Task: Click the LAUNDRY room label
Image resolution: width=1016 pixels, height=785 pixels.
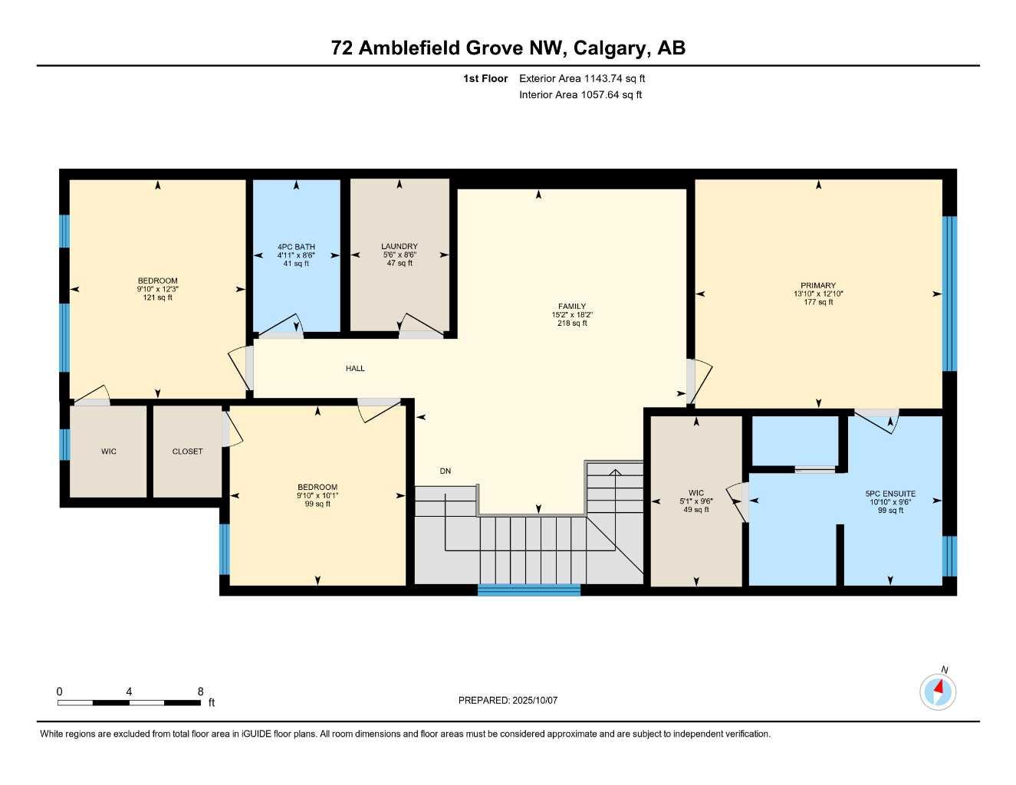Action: point(399,247)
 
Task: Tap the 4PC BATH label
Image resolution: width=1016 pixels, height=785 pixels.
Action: point(296,247)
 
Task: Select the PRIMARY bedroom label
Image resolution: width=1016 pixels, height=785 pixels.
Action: point(818,285)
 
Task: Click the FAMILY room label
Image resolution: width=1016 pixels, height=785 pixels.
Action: point(572,307)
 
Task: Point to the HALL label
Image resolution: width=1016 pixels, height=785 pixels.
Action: point(355,369)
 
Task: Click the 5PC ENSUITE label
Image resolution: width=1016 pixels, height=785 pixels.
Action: point(890,494)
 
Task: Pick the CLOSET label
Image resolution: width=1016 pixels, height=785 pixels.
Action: point(187,452)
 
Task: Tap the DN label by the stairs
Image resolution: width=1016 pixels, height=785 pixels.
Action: point(446,471)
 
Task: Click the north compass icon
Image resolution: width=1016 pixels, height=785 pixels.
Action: point(937,691)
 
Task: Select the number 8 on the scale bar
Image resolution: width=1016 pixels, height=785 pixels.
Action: point(201,691)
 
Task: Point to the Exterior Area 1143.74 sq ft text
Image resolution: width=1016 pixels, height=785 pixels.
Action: point(582,78)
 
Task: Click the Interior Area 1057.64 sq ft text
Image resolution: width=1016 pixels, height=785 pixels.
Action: point(580,95)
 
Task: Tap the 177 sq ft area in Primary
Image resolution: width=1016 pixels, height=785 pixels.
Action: point(818,302)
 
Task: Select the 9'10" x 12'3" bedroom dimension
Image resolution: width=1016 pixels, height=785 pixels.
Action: point(157,289)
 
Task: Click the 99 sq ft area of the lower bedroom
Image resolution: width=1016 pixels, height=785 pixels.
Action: point(317,504)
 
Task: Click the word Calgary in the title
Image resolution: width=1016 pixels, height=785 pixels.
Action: point(610,48)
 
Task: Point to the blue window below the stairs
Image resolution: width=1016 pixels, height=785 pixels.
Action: point(529,590)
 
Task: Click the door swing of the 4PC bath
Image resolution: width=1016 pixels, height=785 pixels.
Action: point(282,326)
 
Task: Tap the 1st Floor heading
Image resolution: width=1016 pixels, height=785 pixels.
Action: point(485,78)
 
